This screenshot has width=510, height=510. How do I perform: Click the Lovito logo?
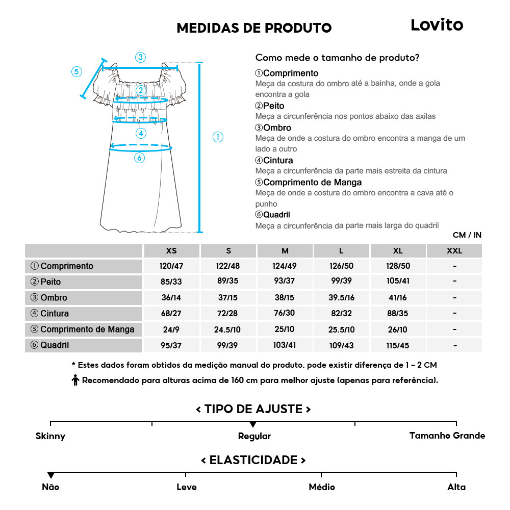pos(437,25)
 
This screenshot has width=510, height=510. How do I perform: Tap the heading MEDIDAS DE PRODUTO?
pos(254,28)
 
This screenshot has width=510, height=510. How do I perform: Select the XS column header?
pos(171,251)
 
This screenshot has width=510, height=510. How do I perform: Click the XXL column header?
pos(454,251)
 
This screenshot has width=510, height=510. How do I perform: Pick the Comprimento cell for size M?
pos(285,266)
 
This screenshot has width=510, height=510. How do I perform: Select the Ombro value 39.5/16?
pos(341,298)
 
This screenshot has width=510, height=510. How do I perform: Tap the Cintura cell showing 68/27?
pos(171,314)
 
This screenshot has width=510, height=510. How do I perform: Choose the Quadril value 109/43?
pos(341,345)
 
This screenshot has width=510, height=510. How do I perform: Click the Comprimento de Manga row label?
pos(83,329)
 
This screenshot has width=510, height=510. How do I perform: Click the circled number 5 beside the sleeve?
pos(76,71)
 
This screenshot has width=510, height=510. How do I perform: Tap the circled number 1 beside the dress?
pos(218,137)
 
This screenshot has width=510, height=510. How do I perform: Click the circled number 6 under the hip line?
pos(139,158)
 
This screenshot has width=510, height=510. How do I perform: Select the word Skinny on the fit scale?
pos(50,436)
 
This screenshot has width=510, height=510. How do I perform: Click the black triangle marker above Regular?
pos(253,424)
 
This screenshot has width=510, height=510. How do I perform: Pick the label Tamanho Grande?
pos(447,436)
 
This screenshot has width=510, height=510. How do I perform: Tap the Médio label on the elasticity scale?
pos(322,487)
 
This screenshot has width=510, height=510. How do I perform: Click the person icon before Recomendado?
pos(75,380)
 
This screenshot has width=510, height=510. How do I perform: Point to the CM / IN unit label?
pos(467,235)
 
